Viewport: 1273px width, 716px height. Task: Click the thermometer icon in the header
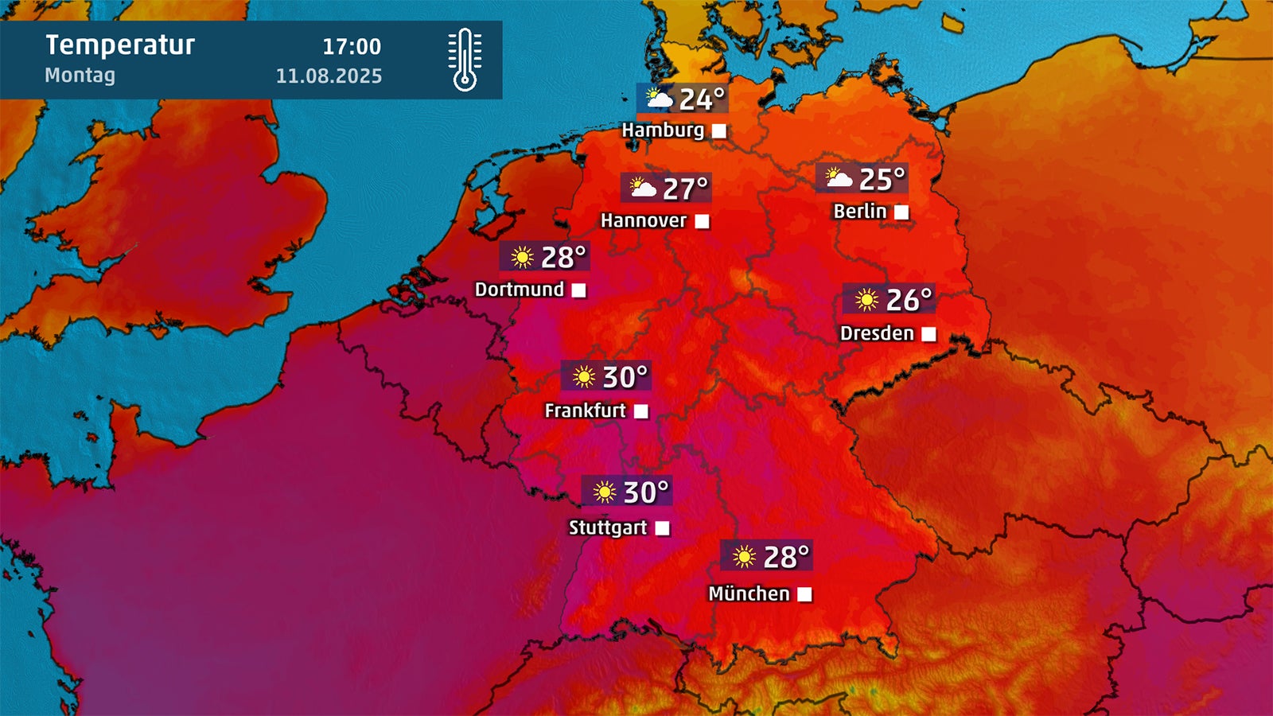(x=465, y=60)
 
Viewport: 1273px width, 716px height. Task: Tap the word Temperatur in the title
(x=120, y=45)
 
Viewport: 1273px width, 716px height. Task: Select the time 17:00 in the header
(x=352, y=47)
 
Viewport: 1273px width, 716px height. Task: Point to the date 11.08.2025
(x=329, y=76)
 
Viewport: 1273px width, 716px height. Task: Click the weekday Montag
(x=80, y=76)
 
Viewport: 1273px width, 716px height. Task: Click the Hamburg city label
(x=663, y=130)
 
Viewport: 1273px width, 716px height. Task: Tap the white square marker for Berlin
(x=901, y=212)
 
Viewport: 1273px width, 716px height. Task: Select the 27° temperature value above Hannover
(x=685, y=189)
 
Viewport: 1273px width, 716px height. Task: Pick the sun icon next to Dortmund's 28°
(x=522, y=257)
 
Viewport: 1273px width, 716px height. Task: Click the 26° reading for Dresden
(x=909, y=300)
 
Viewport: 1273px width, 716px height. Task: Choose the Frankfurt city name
(x=585, y=411)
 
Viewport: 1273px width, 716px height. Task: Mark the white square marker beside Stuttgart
(x=662, y=528)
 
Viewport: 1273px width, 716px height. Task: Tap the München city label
(x=749, y=593)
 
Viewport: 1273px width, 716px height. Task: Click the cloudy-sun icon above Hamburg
(x=658, y=99)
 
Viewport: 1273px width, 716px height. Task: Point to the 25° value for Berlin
(x=882, y=180)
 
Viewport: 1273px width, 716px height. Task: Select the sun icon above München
(x=744, y=557)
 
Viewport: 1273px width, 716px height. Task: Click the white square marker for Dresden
(x=928, y=334)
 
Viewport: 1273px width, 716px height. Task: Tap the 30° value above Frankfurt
(x=625, y=377)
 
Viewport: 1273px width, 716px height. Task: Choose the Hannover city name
(x=643, y=220)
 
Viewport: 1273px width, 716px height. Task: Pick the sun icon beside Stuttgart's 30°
(x=604, y=492)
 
